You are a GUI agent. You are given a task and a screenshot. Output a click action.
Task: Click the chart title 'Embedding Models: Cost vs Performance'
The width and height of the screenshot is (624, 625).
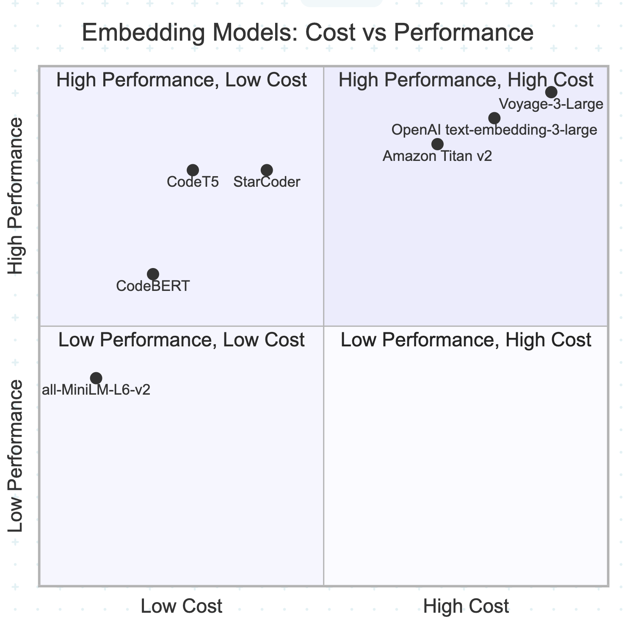[307, 33]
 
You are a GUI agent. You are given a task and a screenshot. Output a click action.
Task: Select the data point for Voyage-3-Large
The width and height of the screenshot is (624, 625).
[551, 92]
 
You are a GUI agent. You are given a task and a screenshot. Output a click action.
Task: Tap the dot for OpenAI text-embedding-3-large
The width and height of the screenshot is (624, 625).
[494, 118]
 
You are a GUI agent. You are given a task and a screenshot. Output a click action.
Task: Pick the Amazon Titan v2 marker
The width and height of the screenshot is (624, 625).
[437, 144]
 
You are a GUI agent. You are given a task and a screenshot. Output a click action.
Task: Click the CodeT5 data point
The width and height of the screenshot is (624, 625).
[193, 170]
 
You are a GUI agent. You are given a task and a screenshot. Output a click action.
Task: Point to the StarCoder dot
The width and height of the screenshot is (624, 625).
[267, 170]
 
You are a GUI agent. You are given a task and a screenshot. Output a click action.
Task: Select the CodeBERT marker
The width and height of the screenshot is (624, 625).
[153, 274]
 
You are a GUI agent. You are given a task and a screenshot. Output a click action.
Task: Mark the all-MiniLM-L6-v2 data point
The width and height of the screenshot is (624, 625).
[96, 378]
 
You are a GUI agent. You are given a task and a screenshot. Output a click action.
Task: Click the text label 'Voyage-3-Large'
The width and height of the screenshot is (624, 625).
[551, 104]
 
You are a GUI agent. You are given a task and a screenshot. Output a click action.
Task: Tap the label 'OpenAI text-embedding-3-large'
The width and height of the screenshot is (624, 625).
[494, 130]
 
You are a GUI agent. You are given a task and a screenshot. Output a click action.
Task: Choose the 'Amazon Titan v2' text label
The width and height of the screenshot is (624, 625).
[437, 156]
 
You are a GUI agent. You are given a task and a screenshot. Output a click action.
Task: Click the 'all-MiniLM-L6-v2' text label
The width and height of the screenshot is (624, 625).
[96, 390]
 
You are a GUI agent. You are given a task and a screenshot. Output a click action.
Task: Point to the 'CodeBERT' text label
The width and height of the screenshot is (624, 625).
[153, 286]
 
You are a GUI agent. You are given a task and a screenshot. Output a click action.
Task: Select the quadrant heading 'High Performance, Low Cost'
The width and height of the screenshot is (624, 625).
[181, 80]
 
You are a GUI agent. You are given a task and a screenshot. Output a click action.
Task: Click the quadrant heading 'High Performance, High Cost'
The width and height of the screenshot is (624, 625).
[466, 80]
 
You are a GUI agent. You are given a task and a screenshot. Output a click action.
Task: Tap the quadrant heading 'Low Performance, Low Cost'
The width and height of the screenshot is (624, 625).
[181, 340]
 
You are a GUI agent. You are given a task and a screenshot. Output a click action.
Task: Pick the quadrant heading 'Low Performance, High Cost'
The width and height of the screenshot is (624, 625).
[466, 340]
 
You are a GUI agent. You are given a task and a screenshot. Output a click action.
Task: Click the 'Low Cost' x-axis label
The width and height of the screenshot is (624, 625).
[181, 606]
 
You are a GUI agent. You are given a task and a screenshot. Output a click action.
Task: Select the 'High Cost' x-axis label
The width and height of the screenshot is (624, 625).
[466, 606]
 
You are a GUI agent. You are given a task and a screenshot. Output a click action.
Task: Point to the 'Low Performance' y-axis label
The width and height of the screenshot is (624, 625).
[16, 456]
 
